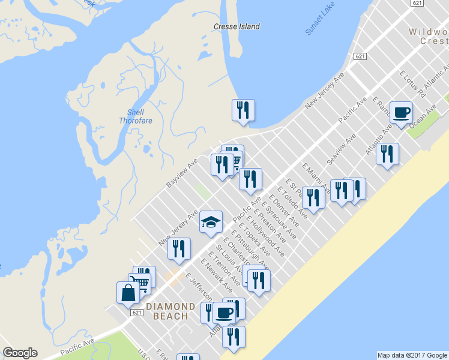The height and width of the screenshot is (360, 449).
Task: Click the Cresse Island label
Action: tap(237, 26)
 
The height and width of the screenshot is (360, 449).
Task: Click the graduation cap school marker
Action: tap(211, 223)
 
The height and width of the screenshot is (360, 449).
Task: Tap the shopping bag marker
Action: tap(128, 293)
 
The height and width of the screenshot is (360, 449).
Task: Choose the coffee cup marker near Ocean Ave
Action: tap(400, 112)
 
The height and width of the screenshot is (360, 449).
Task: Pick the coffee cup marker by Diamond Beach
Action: tap(224, 312)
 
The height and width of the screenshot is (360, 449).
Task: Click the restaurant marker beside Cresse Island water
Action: tap(243, 110)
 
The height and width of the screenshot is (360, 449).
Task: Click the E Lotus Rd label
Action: tap(412, 85)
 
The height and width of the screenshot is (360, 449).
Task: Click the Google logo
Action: tap(20, 353)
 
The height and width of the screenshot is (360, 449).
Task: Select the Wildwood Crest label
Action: tap(428, 36)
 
